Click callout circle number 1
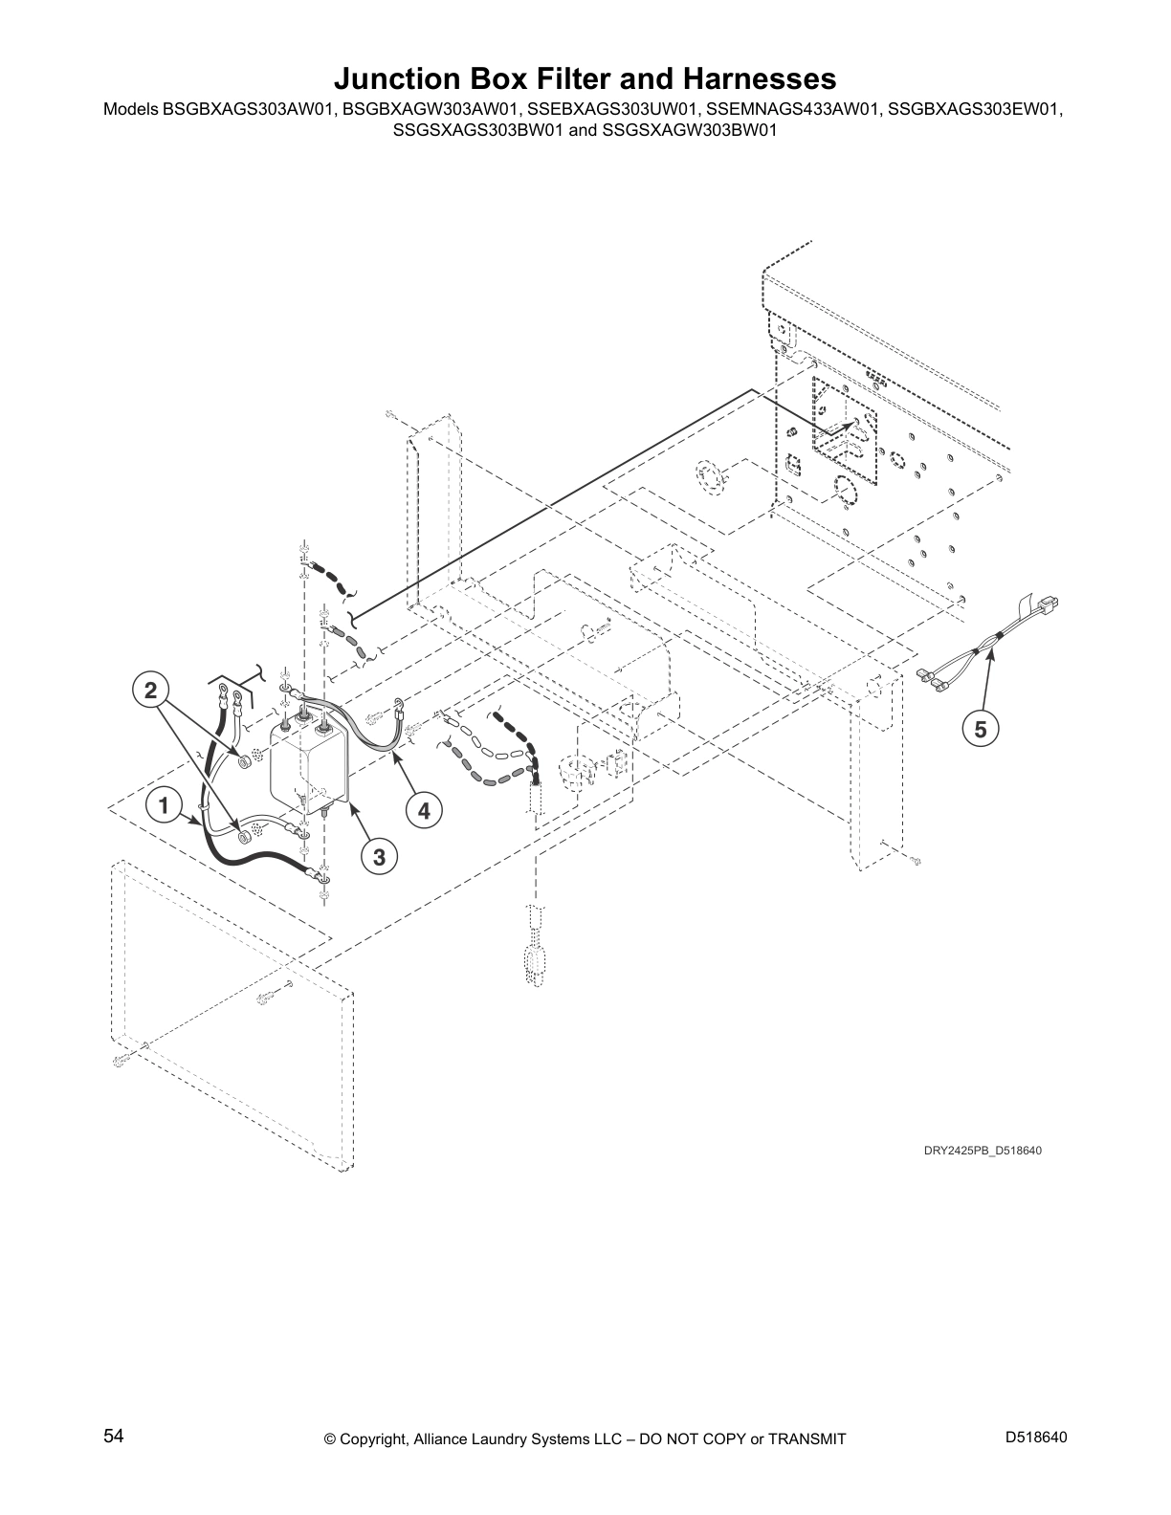pyautogui.click(x=165, y=806)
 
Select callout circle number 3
pyautogui.click(x=379, y=857)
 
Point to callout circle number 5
pyautogui.click(x=981, y=730)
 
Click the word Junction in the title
pyautogui.click(x=399, y=77)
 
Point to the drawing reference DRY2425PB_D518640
pyautogui.click(x=982, y=1150)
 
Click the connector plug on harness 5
pyautogui.click(x=1055, y=605)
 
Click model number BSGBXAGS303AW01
pyautogui.click(x=250, y=109)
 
